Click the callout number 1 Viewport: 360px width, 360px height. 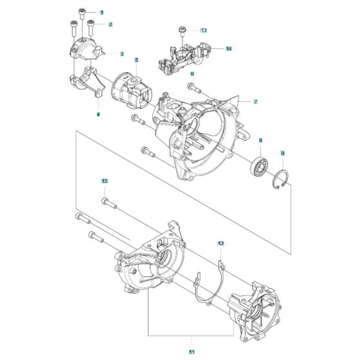click(x=101, y=12)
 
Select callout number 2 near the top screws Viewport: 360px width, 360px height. click(x=110, y=24)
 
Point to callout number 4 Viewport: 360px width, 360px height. click(x=98, y=114)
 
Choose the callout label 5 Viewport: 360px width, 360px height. click(x=136, y=60)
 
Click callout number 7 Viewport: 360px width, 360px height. click(x=255, y=102)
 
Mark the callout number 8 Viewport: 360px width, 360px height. click(x=260, y=139)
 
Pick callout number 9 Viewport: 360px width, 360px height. click(x=282, y=153)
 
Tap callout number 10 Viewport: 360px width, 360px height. click(x=104, y=181)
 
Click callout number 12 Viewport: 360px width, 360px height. click(x=220, y=244)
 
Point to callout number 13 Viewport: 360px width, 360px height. click(x=203, y=30)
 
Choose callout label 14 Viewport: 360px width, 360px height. click(x=228, y=48)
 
